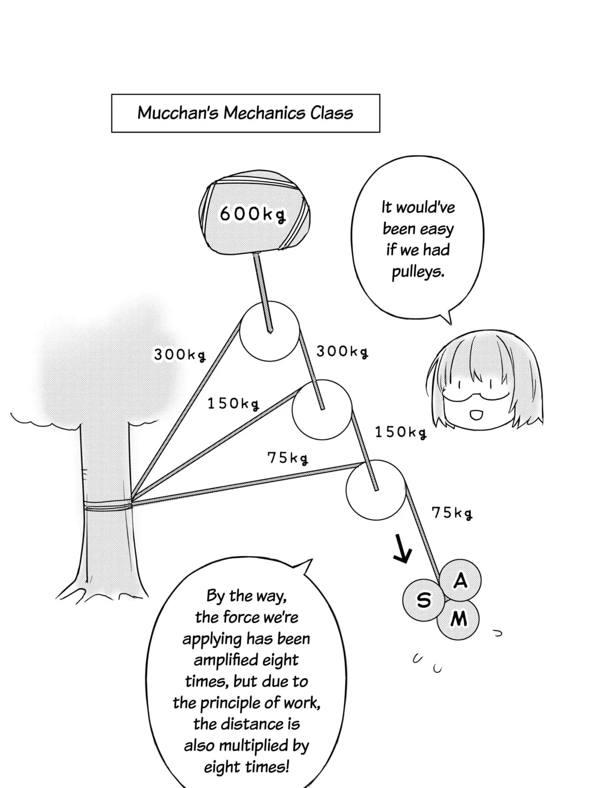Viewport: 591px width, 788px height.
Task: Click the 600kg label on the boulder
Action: (x=252, y=214)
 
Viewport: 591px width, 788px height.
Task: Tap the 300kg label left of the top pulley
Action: (x=180, y=354)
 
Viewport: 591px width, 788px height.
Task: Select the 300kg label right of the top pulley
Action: (x=342, y=351)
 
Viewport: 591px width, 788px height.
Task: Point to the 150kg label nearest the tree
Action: (x=233, y=403)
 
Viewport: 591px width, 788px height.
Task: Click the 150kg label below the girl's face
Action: (x=401, y=432)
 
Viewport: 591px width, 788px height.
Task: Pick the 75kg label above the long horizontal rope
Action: (x=288, y=458)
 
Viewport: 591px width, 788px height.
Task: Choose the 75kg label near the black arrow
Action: (x=452, y=513)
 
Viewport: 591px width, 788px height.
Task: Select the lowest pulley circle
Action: (x=347, y=490)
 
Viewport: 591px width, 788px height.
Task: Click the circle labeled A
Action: (x=460, y=580)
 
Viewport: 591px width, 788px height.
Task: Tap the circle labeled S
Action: (x=424, y=600)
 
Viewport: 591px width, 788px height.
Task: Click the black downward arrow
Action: (x=402, y=549)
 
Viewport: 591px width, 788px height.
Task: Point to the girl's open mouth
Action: (x=476, y=416)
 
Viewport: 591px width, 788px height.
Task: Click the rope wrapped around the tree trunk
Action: (x=108, y=505)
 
